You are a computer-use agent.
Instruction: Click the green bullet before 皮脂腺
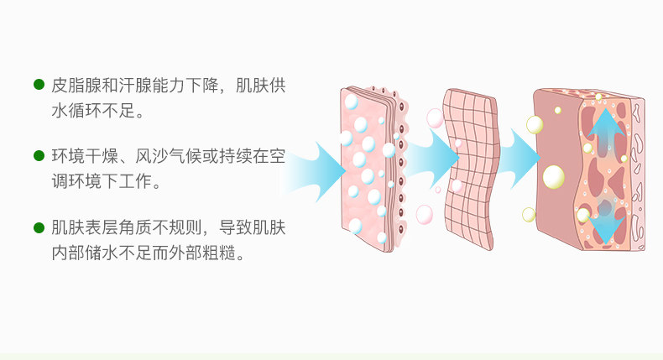[x=39, y=85]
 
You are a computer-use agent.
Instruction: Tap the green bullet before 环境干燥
[x=39, y=156]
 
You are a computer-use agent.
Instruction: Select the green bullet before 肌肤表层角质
[x=39, y=227]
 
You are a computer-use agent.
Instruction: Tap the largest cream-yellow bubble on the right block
[x=553, y=177]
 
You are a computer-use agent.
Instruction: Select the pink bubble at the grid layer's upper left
[x=435, y=117]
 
